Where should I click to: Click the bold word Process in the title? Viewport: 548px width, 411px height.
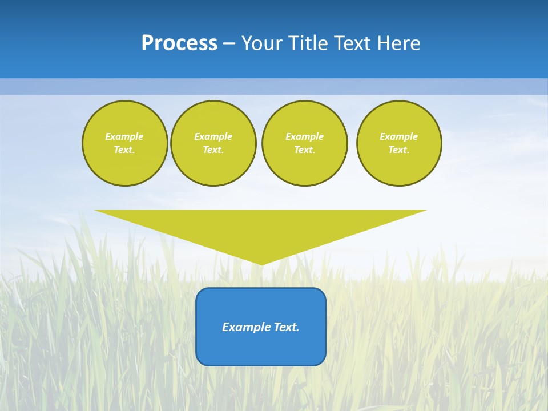click(179, 43)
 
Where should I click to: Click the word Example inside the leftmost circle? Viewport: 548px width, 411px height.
click(124, 136)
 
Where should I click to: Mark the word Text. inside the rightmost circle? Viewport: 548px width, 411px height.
click(399, 150)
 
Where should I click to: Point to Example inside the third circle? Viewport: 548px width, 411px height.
click(305, 136)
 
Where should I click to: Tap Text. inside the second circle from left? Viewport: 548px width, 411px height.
click(213, 150)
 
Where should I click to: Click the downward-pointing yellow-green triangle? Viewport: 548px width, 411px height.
click(261, 228)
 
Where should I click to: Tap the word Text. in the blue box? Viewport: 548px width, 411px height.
click(287, 327)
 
